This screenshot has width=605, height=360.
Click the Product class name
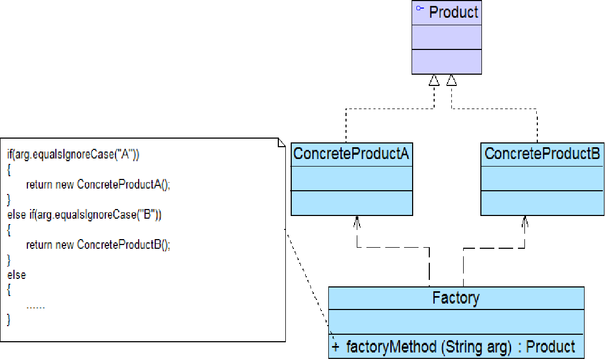453,12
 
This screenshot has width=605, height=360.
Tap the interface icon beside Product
420,9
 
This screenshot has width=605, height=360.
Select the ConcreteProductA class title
351,154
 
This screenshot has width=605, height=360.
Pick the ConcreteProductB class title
542,154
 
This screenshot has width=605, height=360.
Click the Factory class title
456,298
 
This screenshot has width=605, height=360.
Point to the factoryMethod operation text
429,347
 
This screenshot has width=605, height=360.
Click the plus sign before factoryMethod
336,347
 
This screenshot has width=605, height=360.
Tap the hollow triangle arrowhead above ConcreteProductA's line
434,81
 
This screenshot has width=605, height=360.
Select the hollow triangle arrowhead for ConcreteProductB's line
451,81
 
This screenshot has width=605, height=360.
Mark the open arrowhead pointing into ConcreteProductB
525,221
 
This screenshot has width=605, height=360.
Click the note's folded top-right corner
281,142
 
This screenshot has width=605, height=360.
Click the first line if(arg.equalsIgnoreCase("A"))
74,155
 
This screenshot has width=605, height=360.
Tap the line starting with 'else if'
84,215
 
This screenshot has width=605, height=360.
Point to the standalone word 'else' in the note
17,275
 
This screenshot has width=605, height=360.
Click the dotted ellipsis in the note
35,307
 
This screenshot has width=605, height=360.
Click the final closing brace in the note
9,320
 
